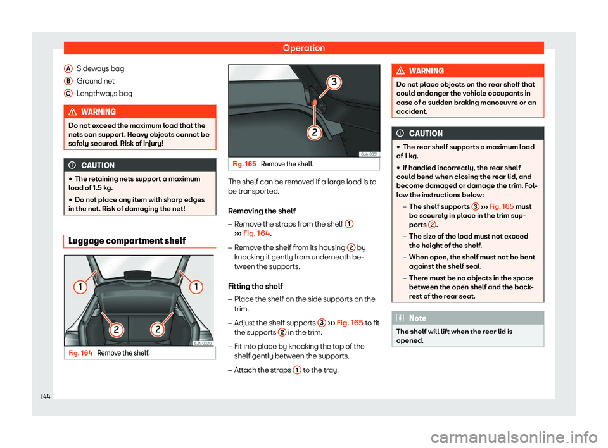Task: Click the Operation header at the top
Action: pyautogui.click(x=303, y=48)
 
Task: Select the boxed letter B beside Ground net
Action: pyautogui.click(x=67, y=80)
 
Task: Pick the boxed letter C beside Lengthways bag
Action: pyautogui.click(x=67, y=93)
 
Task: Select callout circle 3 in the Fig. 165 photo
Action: pyautogui.click(x=334, y=82)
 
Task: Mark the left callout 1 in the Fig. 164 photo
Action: pyautogui.click(x=82, y=286)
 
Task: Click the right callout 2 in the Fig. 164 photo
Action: pyautogui.click(x=158, y=329)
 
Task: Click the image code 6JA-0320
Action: pyautogui.click(x=201, y=342)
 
